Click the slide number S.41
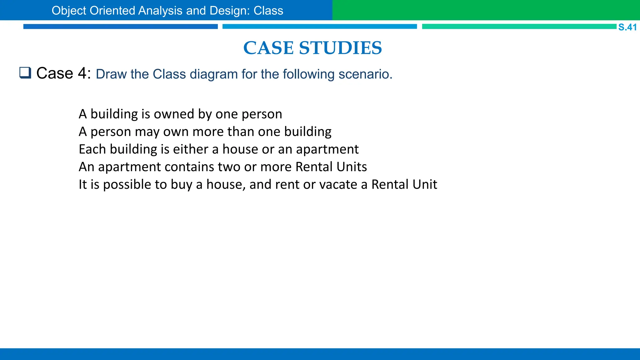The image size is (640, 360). [x=627, y=27]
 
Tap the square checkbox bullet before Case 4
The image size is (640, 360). [x=25, y=73]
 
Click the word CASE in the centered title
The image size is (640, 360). [x=268, y=48]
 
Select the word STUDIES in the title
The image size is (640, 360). [x=340, y=48]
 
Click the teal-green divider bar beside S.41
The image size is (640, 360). [x=519, y=27]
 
